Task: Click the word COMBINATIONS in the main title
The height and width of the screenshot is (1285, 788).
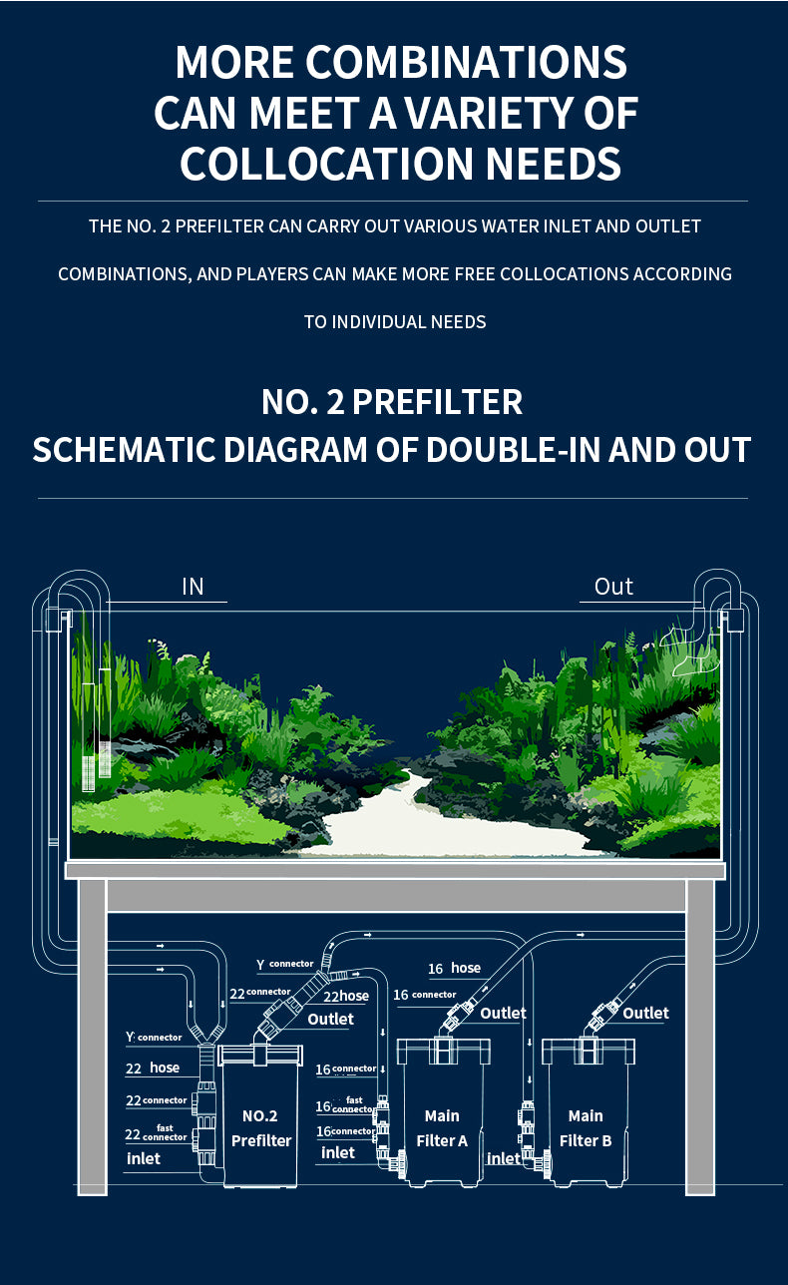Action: pos(466,62)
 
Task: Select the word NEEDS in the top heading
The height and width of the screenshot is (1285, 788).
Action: pos(554,164)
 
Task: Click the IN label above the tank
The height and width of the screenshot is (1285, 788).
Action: pos(193,587)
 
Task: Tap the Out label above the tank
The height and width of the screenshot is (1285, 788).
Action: pos(613,587)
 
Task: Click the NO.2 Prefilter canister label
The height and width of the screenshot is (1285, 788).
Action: pos(261,1127)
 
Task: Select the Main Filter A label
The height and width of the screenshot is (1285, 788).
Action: pos(442,1127)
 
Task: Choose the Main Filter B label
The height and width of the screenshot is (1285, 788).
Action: pos(586,1127)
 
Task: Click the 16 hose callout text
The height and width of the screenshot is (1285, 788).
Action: pos(454,969)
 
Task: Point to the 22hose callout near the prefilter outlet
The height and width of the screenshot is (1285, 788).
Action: pos(346,996)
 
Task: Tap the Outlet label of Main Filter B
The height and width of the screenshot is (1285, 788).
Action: pos(645,1013)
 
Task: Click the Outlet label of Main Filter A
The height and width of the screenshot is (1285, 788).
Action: pos(503,1013)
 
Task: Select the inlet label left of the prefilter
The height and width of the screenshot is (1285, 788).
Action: pos(144,1159)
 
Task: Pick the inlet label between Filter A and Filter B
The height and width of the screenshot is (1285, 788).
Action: pos(504,1159)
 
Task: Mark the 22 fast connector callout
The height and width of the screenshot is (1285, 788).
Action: pos(156,1133)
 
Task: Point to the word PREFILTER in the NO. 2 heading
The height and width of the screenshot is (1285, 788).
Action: pos(438,401)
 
